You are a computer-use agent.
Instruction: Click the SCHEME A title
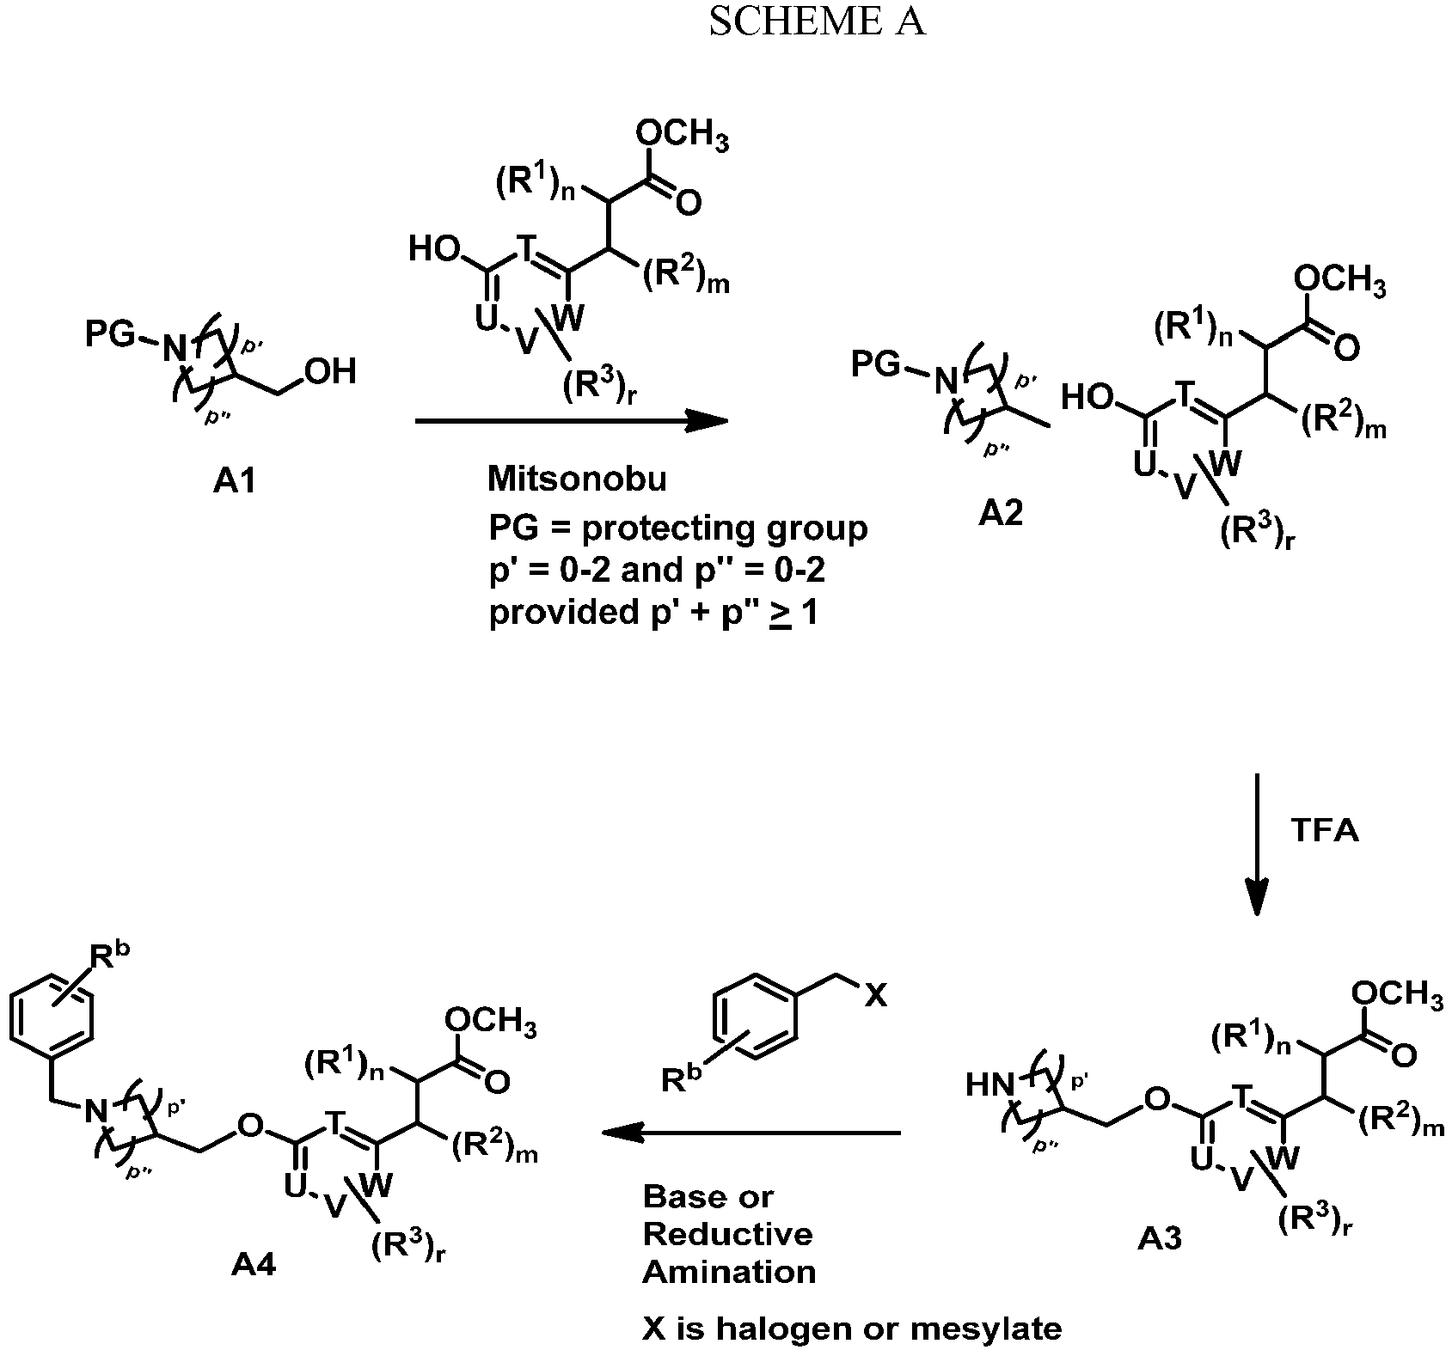tap(816, 21)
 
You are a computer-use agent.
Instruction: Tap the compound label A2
tap(1002, 515)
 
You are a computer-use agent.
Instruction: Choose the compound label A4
tap(254, 1266)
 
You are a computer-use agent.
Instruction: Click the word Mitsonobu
tap(577, 480)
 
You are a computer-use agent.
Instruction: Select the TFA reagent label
tap(1326, 832)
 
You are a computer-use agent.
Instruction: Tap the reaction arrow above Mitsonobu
tap(571, 421)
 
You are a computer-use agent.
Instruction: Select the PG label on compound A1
tap(110, 334)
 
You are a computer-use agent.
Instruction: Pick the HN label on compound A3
tap(989, 1085)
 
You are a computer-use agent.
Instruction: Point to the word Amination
tap(729, 1271)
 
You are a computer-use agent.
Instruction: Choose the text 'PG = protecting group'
tap(678, 528)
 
